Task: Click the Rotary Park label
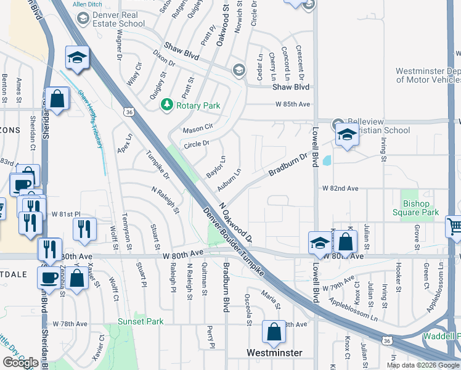tap(198, 105)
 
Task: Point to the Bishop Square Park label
tap(416, 208)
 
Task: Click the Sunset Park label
tap(141, 321)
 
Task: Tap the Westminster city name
tap(274, 353)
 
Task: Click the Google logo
tap(20, 363)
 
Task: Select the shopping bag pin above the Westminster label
tap(274, 332)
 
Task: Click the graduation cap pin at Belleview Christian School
tap(347, 135)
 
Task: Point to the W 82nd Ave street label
tap(340, 187)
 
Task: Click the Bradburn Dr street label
tap(288, 165)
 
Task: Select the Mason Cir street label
tap(197, 130)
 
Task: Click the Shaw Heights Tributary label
tap(92, 118)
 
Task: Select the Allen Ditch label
tap(87, 4)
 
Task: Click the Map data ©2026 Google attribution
tap(423, 365)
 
